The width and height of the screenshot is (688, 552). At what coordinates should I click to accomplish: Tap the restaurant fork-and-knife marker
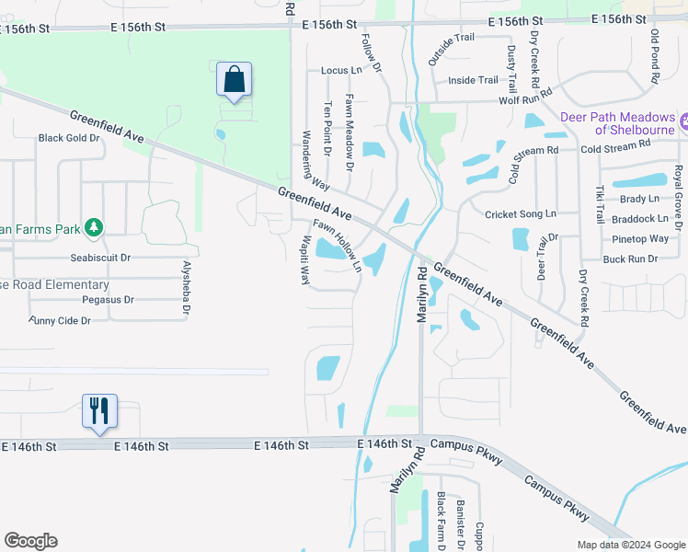pyautogui.click(x=100, y=410)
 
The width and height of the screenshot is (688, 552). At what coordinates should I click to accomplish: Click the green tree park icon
pyautogui.click(x=92, y=226)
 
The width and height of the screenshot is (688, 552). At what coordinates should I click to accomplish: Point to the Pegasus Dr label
pyautogui.click(x=108, y=300)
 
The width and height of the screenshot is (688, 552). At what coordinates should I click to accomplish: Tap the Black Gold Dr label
pyautogui.click(x=68, y=138)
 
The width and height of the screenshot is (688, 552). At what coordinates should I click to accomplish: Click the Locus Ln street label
pyautogui.click(x=341, y=70)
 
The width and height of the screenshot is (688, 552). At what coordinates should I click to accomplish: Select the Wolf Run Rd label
pyautogui.click(x=526, y=96)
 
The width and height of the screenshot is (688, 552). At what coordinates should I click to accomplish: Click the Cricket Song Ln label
pyautogui.click(x=521, y=213)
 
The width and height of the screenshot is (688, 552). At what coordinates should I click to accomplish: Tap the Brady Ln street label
pyautogui.click(x=639, y=199)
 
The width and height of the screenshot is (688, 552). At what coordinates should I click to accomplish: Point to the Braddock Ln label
pyautogui.click(x=640, y=219)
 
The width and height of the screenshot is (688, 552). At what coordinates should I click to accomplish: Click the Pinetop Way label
pyautogui.click(x=640, y=239)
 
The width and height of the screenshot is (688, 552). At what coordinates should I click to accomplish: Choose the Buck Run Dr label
pyautogui.click(x=630, y=259)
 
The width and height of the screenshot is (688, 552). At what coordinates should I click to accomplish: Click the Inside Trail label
pyautogui.click(x=473, y=80)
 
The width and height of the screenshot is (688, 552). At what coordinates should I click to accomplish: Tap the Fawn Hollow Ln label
pyautogui.click(x=337, y=246)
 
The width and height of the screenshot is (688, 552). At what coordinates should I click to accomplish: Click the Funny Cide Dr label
pyautogui.click(x=60, y=320)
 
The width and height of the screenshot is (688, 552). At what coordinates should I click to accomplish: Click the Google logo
pyautogui.click(x=30, y=541)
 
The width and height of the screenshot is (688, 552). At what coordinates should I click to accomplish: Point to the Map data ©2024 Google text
pyautogui.click(x=630, y=545)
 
